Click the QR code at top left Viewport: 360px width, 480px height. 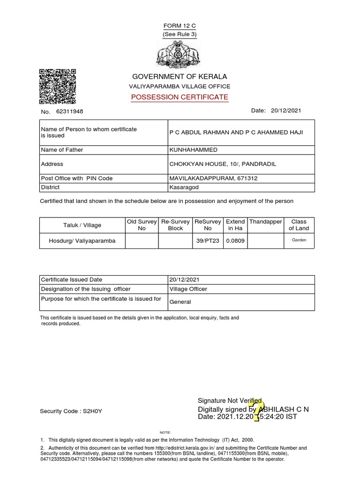57,86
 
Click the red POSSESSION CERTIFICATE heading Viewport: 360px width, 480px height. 180,97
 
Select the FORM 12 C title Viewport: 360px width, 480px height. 180,25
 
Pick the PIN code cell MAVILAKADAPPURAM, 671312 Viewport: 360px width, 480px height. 213,178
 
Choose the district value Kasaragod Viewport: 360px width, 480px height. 185,187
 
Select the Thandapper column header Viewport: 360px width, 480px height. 265,221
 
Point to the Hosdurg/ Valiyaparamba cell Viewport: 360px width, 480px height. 82,241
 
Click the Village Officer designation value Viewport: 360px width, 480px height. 188,289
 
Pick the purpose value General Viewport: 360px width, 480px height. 180,302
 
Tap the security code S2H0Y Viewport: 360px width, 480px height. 92,411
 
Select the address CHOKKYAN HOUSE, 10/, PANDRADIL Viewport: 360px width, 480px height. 223,164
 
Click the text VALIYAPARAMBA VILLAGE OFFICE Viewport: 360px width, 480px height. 180,86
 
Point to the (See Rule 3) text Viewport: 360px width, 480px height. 180,35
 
